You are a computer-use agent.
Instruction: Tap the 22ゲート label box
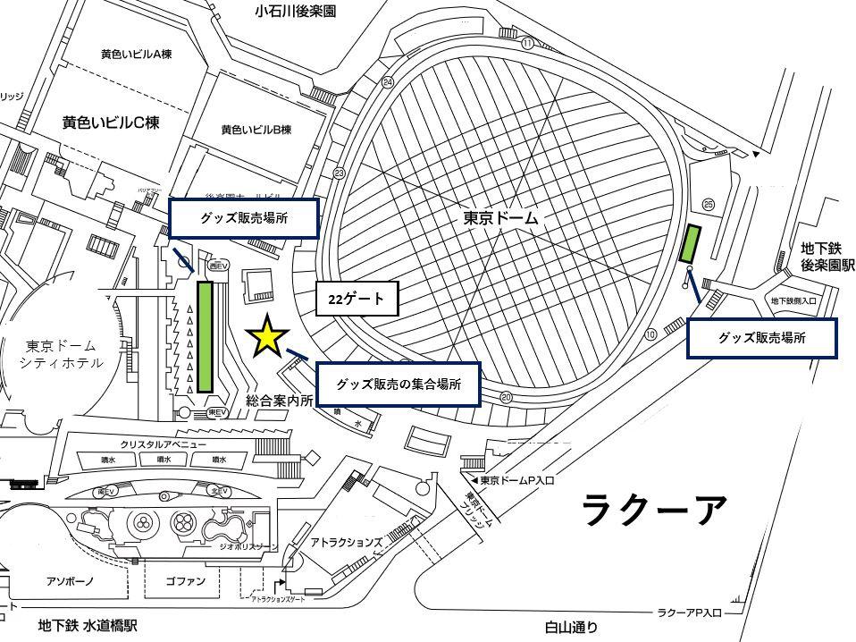356,300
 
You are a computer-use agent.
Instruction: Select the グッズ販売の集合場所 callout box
399,385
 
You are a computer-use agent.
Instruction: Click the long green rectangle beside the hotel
205,337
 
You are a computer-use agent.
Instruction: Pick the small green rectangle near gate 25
691,244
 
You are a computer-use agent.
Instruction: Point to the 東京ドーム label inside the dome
499,217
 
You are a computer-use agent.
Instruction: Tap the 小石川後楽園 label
295,12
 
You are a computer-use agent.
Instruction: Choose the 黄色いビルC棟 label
111,122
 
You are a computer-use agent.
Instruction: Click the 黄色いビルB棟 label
256,130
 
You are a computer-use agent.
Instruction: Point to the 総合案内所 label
280,401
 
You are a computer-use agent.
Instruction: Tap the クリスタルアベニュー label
163,444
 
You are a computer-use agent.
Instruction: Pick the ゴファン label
186,581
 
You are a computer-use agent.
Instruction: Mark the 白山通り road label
571,629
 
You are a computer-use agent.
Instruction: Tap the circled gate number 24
387,82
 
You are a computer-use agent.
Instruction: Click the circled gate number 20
507,397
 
